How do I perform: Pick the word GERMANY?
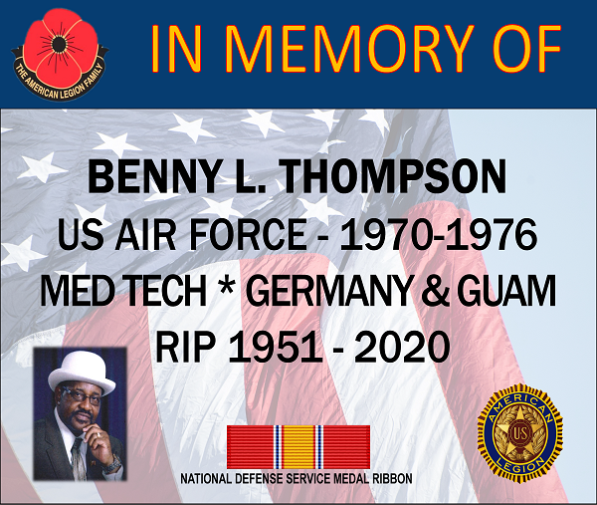coord(329,291)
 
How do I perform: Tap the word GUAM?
coord(506,291)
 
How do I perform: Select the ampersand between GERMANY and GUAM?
coord(436,291)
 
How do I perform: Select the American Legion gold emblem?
coord(519,429)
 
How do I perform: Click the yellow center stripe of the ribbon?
coord(298,447)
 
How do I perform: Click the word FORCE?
coord(248,235)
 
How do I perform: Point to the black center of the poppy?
coord(57,45)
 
